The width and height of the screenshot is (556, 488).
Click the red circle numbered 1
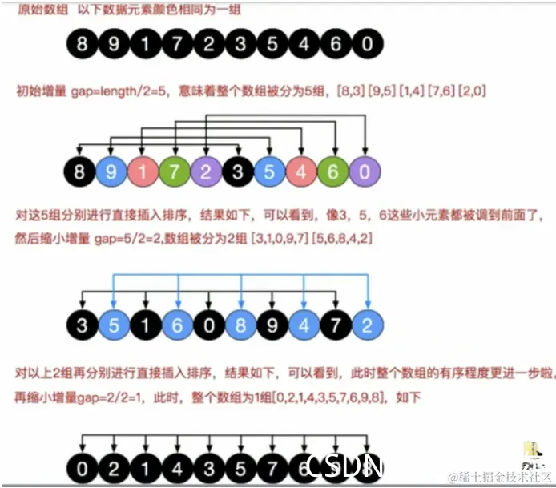[x=143, y=171]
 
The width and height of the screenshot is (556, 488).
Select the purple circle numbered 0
[x=365, y=171]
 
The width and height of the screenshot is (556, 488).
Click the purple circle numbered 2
[x=206, y=171]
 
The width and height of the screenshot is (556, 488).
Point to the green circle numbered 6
[x=333, y=171]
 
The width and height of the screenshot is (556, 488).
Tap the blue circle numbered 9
[x=111, y=171]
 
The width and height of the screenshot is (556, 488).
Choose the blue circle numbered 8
[x=239, y=325]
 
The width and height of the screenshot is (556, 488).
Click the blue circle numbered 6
[x=175, y=325]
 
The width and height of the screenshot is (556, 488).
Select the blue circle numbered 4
[x=303, y=325]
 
